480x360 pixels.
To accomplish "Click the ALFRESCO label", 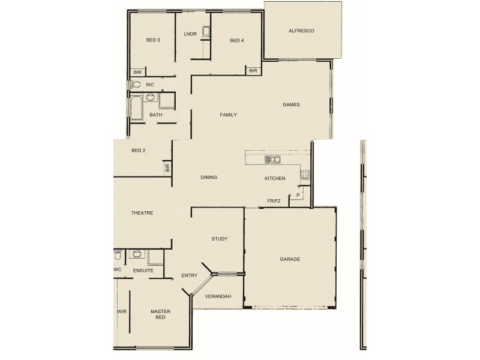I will pos(301,30).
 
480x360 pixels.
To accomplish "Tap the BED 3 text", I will pos(153,40).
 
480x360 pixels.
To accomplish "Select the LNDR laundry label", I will pos(190,34).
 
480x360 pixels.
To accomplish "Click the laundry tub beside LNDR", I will pos(205,32).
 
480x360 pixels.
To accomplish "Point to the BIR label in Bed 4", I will pos(253,71).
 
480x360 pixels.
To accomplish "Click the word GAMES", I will pos(291,104).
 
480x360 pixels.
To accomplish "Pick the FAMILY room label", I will pos(228,115).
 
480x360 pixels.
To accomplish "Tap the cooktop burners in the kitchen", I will pos(305,175).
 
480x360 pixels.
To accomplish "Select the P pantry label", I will pos(298,195).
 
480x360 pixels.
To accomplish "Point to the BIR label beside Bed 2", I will pos(167,170).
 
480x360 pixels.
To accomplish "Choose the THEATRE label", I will pos(142,213).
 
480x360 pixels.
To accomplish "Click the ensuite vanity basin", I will pos(136,254).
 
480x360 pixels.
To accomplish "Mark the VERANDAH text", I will pos(218,296).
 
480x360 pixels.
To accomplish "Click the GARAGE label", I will pos(290,259).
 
